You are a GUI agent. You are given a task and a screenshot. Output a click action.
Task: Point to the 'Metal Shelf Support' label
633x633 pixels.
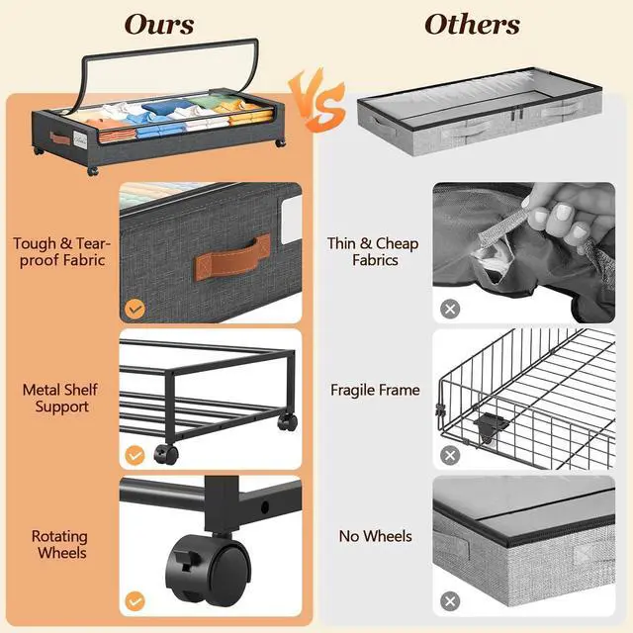[61, 398]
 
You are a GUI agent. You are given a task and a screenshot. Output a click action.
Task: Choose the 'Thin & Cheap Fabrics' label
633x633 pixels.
[373, 251]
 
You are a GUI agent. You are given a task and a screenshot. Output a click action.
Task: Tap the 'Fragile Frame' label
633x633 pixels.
[375, 390]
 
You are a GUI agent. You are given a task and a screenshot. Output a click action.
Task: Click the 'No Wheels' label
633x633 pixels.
[375, 536]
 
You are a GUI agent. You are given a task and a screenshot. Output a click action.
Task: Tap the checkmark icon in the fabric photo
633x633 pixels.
[136, 309]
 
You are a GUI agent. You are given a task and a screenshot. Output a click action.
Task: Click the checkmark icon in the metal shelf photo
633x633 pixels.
[136, 456]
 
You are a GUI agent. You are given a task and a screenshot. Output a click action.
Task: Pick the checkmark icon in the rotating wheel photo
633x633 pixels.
[136, 600]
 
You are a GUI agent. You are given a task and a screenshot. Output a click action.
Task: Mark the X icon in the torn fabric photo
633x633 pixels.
[450, 309]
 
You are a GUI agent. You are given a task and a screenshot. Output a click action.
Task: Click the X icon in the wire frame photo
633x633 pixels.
[450, 455]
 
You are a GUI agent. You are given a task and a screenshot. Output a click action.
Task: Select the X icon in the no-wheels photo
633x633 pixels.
[450, 600]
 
